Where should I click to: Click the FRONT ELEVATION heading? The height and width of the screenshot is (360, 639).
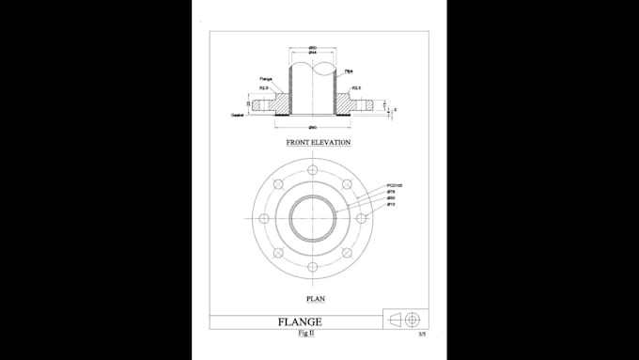(x=319, y=143)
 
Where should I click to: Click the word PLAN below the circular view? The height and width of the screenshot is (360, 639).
(x=316, y=300)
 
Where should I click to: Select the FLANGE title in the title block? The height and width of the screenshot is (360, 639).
(x=301, y=322)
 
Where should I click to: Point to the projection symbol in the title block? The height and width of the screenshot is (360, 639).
(x=406, y=320)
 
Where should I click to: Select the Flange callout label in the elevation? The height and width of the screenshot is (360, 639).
(x=266, y=79)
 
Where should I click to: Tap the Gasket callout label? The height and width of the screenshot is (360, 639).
(x=238, y=115)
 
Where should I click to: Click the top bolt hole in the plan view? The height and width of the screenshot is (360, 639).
(x=312, y=170)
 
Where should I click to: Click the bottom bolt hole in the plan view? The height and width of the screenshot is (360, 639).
(x=312, y=267)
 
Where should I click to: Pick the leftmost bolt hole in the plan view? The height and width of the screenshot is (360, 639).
(x=264, y=218)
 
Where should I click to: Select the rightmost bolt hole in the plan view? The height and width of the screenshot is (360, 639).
(x=361, y=218)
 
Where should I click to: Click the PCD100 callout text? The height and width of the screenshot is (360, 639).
(x=394, y=186)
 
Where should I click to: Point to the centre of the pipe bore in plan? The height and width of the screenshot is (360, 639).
(x=312, y=218)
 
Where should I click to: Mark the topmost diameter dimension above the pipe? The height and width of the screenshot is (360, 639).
(x=312, y=48)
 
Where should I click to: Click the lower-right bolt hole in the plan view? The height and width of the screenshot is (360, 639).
(x=347, y=253)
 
